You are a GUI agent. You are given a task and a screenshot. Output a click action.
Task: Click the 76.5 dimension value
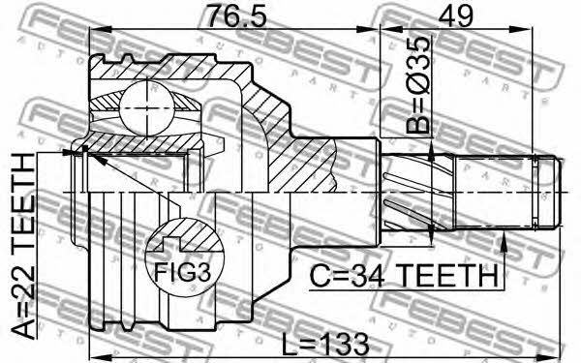point(236,15)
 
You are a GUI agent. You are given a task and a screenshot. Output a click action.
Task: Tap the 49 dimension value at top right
point(455,15)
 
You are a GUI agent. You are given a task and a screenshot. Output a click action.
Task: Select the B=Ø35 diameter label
point(419,85)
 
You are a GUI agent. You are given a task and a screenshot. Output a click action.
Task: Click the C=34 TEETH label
point(404,276)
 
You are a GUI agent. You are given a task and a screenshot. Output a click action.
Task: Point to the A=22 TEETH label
point(23,246)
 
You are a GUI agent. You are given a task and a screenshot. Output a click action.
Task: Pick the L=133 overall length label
point(325,344)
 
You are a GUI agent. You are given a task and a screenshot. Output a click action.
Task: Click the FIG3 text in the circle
point(182,272)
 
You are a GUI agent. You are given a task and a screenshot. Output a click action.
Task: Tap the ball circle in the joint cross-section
point(147,107)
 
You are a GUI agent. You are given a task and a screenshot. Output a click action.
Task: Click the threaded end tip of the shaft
point(558,193)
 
